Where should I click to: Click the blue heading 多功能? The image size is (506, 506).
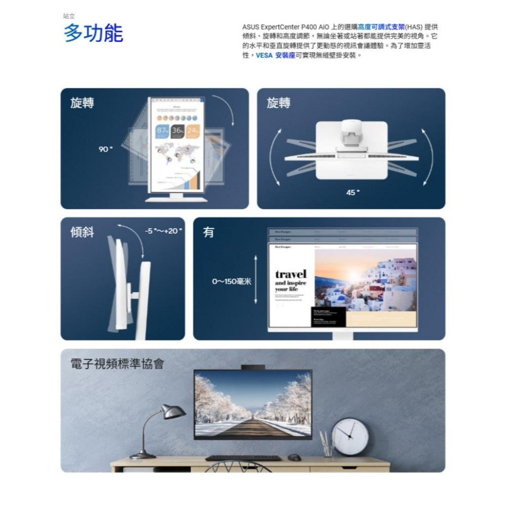pos(93,33)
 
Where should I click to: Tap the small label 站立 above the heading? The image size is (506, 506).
pos(68,16)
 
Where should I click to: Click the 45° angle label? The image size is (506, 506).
pos(353,192)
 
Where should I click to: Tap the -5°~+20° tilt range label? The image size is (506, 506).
pos(164,231)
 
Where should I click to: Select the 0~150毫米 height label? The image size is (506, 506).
pos(231,280)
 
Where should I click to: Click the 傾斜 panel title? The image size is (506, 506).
pos(82,232)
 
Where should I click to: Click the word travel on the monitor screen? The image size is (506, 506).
pos(290,274)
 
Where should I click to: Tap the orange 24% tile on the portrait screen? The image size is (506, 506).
pos(193,131)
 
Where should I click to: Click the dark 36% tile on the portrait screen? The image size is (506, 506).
pos(178,131)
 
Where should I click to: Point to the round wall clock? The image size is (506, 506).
pos(350,435)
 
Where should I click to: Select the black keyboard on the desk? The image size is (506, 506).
pos(243,458)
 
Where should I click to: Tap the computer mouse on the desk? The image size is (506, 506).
pos(294,458)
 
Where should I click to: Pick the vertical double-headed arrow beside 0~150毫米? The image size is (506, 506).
pos(256,280)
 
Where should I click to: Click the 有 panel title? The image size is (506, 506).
pos(208,232)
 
